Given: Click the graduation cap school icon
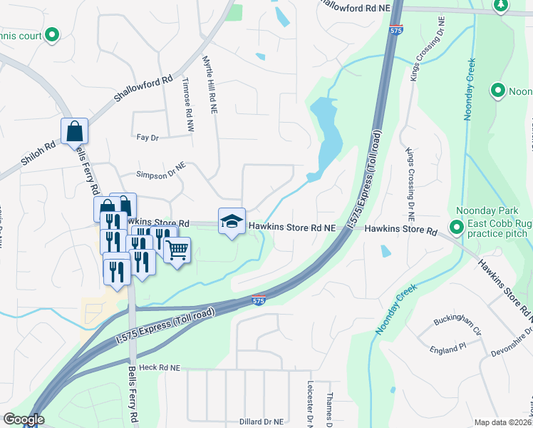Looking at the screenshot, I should (232, 222).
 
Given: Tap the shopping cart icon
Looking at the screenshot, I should (177, 250).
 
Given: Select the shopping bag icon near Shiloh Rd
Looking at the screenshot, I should (74, 132).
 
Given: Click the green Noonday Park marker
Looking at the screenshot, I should (457, 227).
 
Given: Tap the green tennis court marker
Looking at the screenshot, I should (51, 34).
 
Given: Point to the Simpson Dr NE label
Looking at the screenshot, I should (161, 173).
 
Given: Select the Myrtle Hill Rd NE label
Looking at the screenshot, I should (212, 85).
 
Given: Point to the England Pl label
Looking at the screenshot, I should (447, 350).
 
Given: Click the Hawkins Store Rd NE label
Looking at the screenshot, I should (291, 228).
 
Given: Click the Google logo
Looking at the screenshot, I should (24, 419).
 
